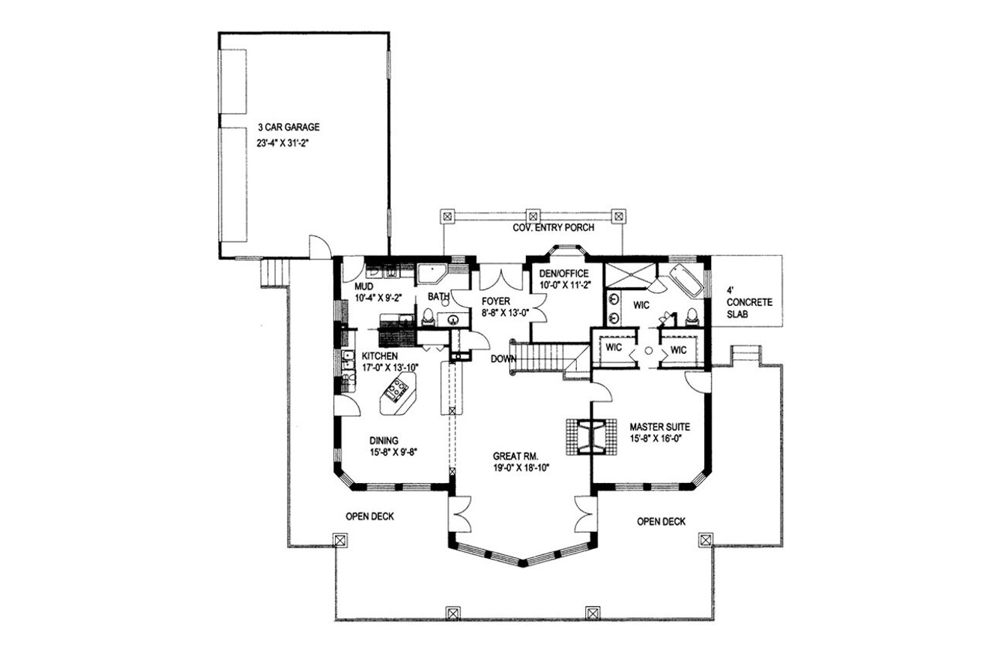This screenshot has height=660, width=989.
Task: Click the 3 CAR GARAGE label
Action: pyautogui.click(x=288, y=127)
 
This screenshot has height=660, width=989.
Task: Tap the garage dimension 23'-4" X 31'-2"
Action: pyautogui.click(x=282, y=143)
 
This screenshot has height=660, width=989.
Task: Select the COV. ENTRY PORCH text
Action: pyautogui.click(x=553, y=228)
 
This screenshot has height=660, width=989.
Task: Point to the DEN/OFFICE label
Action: pyautogui.click(x=564, y=274)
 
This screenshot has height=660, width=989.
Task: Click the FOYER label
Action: pyautogui.click(x=496, y=301)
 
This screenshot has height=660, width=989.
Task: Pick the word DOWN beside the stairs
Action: pyautogui.click(x=503, y=359)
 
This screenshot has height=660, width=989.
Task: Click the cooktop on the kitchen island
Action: pyautogui.click(x=396, y=390)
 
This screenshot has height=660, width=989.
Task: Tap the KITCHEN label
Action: pyautogui.click(x=380, y=355)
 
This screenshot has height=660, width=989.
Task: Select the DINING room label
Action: pyautogui.click(x=384, y=440)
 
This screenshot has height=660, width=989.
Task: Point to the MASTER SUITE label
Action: pyautogui.click(x=659, y=427)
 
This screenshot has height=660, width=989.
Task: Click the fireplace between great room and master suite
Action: pyautogui.click(x=591, y=437)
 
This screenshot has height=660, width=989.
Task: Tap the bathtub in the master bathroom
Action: pyautogui.click(x=686, y=280)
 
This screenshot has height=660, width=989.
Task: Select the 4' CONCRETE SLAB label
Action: pyautogui.click(x=749, y=302)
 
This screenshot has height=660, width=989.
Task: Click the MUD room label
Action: pyautogui.click(x=363, y=287)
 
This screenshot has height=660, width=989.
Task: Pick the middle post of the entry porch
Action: pyautogui.click(x=533, y=217)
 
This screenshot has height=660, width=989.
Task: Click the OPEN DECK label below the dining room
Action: pyautogui.click(x=369, y=516)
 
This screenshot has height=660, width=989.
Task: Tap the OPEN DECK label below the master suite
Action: pyautogui.click(x=661, y=522)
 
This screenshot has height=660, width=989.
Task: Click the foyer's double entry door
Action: pyautogui.click(x=501, y=277)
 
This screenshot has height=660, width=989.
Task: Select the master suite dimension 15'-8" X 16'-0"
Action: pyautogui.click(x=656, y=439)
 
